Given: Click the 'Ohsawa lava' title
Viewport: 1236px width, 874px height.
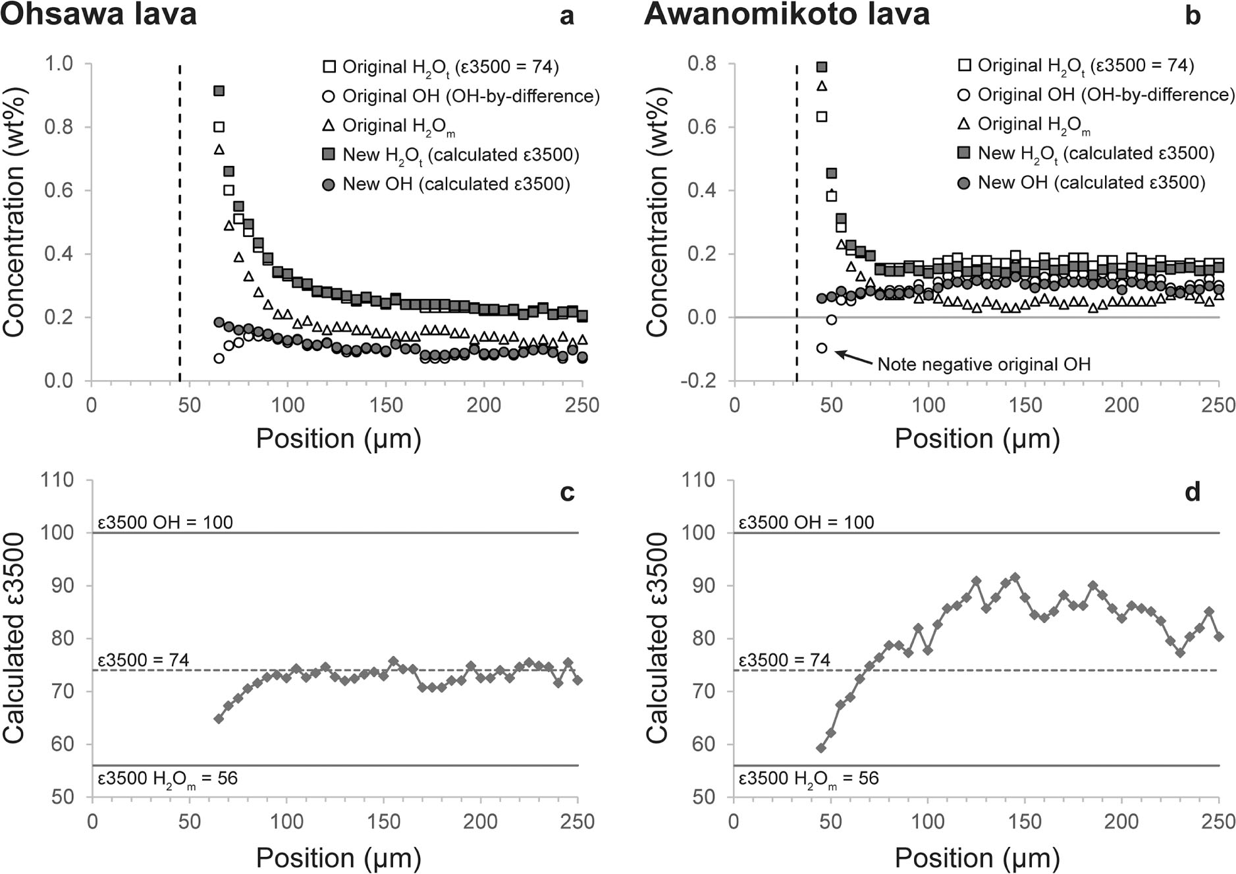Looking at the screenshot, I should click(x=99, y=14).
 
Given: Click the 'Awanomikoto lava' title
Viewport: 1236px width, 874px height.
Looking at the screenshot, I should click(x=786, y=14).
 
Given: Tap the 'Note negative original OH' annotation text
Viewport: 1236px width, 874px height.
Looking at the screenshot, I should click(x=984, y=364).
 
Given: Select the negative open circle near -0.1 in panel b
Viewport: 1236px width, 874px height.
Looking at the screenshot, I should click(x=821, y=348).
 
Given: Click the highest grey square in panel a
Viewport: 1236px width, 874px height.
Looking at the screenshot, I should click(x=219, y=91).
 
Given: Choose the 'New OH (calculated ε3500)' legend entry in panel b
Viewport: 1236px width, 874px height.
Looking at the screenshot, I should click(x=1090, y=182).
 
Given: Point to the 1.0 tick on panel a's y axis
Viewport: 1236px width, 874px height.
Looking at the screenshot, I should click(x=59, y=64).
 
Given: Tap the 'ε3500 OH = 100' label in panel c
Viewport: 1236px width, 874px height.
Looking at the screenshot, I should click(x=165, y=522).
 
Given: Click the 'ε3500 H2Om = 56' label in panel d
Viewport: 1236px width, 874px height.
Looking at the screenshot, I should click(x=808, y=778).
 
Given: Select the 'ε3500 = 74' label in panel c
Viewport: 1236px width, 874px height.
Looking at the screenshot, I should click(x=143, y=660).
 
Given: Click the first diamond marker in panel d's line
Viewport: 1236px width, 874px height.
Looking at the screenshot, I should click(x=820, y=748).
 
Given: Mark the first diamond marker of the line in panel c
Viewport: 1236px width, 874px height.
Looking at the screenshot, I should click(x=219, y=719).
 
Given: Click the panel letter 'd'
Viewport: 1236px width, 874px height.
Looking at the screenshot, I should click(x=1192, y=492).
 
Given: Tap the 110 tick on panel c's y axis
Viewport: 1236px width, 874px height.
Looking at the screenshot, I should click(x=57, y=479).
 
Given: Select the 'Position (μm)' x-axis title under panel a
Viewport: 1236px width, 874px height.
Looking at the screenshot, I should click(x=338, y=438).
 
